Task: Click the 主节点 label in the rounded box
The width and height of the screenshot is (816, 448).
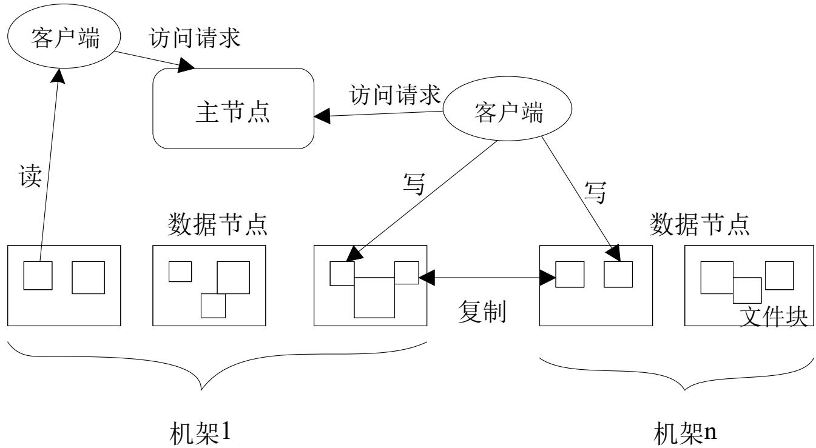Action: (x=233, y=112)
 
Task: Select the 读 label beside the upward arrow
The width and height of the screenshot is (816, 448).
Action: (x=30, y=176)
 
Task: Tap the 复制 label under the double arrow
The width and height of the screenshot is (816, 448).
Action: (x=482, y=312)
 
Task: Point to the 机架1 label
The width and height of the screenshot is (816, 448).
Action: (x=200, y=433)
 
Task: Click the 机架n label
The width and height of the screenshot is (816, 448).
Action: (x=685, y=433)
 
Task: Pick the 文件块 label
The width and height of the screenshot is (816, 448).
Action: (x=774, y=316)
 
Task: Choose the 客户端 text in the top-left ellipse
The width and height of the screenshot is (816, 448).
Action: (x=65, y=38)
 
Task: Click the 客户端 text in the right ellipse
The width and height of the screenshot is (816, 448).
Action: (x=508, y=112)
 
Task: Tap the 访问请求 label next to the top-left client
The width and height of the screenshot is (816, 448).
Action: (x=195, y=38)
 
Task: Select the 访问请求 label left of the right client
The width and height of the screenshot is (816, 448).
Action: (x=395, y=95)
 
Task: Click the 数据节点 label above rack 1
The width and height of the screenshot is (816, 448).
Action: (x=217, y=224)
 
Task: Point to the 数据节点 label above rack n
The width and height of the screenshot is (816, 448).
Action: (x=700, y=224)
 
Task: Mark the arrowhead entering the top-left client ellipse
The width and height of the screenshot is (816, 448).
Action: (x=58, y=76)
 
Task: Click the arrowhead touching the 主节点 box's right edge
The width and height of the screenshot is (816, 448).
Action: (x=322, y=116)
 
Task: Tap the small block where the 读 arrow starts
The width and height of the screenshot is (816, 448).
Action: (x=38, y=275)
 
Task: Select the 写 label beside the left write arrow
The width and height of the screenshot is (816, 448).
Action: (x=414, y=184)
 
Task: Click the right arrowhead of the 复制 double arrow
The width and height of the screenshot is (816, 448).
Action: (x=547, y=278)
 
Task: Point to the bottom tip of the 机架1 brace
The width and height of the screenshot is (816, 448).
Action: (x=201, y=390)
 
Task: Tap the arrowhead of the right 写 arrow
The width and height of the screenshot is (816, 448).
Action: (x=613, y=253)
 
